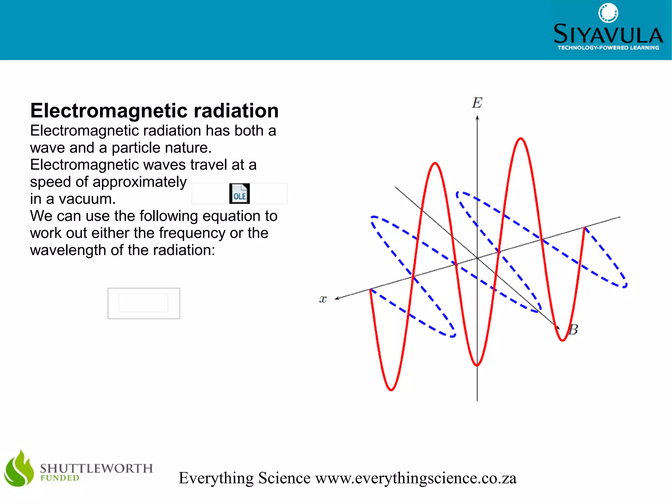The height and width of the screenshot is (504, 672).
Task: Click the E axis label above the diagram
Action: pos(477,103)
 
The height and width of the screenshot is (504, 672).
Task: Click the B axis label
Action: pos(573,330)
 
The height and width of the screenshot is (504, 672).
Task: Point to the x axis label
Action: pos(323,299)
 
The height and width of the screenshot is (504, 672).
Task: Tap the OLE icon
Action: pos(240,194)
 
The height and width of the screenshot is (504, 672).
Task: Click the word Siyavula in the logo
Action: pos(608,34)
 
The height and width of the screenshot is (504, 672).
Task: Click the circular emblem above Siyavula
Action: pos(608,13)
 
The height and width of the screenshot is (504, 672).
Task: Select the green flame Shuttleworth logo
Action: pos(19,469)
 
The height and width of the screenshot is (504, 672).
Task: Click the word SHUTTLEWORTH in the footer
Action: pos(96,468)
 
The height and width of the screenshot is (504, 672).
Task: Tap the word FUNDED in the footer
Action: pos(60,478)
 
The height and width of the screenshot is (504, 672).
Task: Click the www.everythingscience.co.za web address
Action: pos(416,478)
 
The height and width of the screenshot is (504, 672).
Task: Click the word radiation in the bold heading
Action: pos(236,111)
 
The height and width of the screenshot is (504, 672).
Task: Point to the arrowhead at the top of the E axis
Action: pos(477,118)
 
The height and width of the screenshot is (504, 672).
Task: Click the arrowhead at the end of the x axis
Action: pos(337,298)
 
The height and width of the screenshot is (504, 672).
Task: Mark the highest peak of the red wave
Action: pos(521,139)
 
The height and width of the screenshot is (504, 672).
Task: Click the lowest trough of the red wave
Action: pos(391,390)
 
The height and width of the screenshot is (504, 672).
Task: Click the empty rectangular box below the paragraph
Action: pos(144,303)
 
